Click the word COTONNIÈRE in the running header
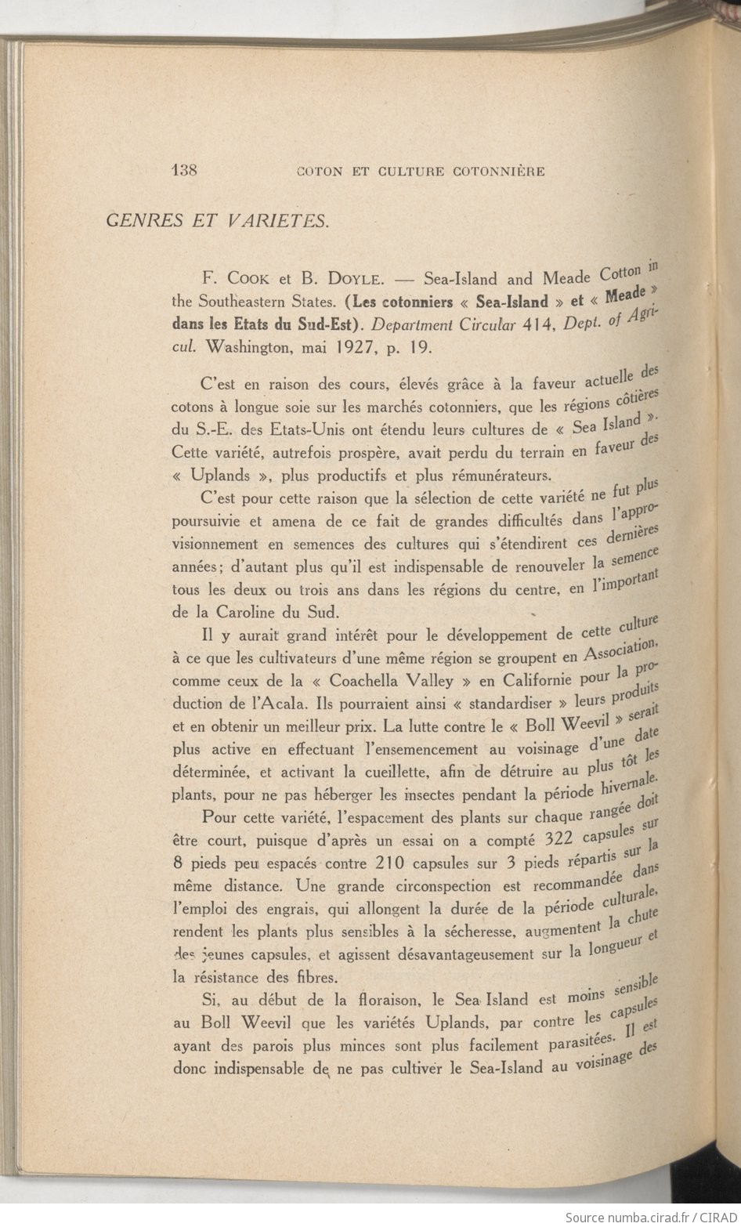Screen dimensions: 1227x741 (499, 172)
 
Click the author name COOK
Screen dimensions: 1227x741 (249, 278)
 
